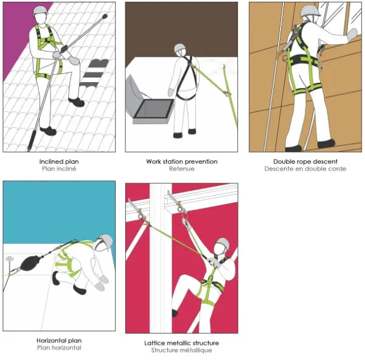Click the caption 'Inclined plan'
[59, 161]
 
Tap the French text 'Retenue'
[181, 169]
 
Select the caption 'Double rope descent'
[305, 161]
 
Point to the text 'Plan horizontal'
[59, 348]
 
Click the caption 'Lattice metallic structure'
[181, 343]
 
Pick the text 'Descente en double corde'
[305, 169]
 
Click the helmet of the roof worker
[40, 10]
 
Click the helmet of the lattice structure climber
[223, 244]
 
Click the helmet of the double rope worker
[310, 10]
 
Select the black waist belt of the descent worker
[302, 61]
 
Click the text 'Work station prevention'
[181, 161]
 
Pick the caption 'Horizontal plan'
[59, 341]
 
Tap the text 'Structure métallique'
[181, 350]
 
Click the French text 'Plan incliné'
[59, 169]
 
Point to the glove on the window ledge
[352, 35]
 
